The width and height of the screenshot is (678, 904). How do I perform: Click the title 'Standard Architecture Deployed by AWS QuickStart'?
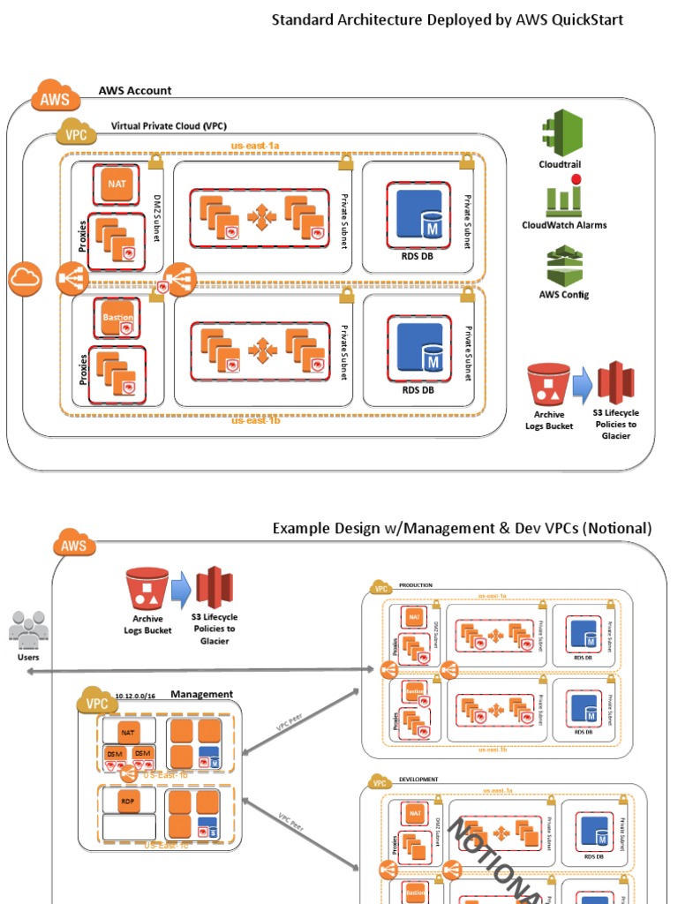(447, 19)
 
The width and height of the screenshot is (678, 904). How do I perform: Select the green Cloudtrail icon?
(561, 132)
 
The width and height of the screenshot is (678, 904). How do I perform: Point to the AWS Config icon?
(563, 265)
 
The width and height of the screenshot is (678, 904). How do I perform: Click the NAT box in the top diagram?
(117, 183)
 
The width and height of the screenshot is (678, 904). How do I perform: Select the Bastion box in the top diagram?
(117, 317)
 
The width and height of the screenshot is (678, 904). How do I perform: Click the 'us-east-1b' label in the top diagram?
(256, 421)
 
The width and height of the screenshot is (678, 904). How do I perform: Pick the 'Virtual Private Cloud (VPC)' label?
(169, 126)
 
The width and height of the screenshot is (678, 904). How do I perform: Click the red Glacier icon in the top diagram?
(616, 383)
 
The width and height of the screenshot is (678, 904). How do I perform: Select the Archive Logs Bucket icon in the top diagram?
(548, 386)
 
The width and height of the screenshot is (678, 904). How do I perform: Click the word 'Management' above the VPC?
(201, 695)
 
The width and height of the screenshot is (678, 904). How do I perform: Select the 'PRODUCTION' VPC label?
(416, 584)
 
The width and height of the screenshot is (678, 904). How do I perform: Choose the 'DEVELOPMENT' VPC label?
(418, 780)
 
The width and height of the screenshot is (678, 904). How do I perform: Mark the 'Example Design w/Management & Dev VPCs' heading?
(462, 529)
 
